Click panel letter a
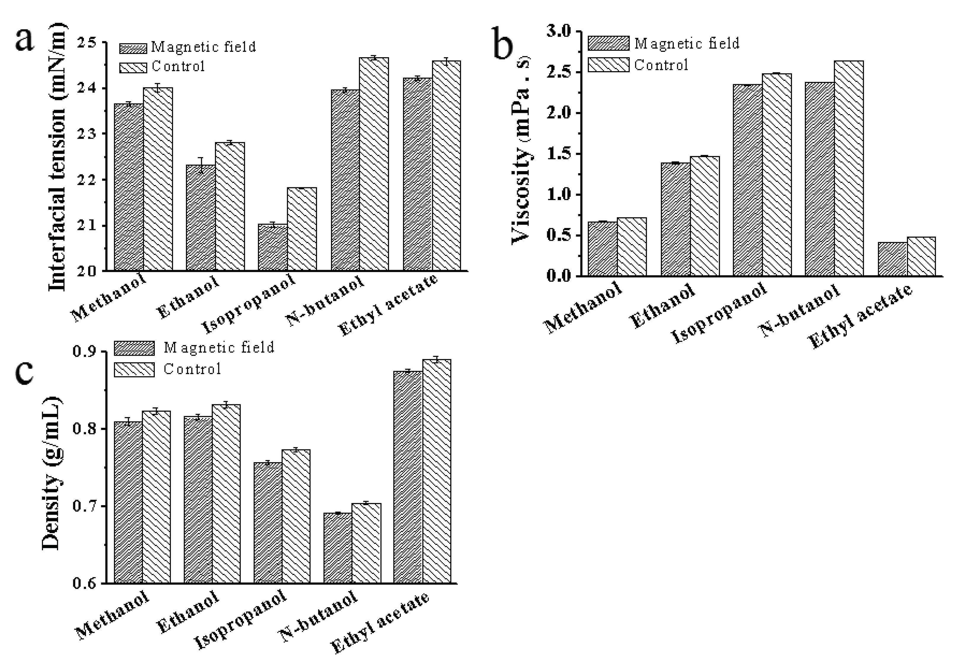click(x=25, y=40)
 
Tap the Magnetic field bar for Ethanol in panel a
click(x=201, y=218)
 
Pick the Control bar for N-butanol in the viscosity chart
click(x=848, y=168)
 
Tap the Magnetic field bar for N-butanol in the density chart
click(x=337, y=548)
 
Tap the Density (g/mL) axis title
click(x=52, y=473)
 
